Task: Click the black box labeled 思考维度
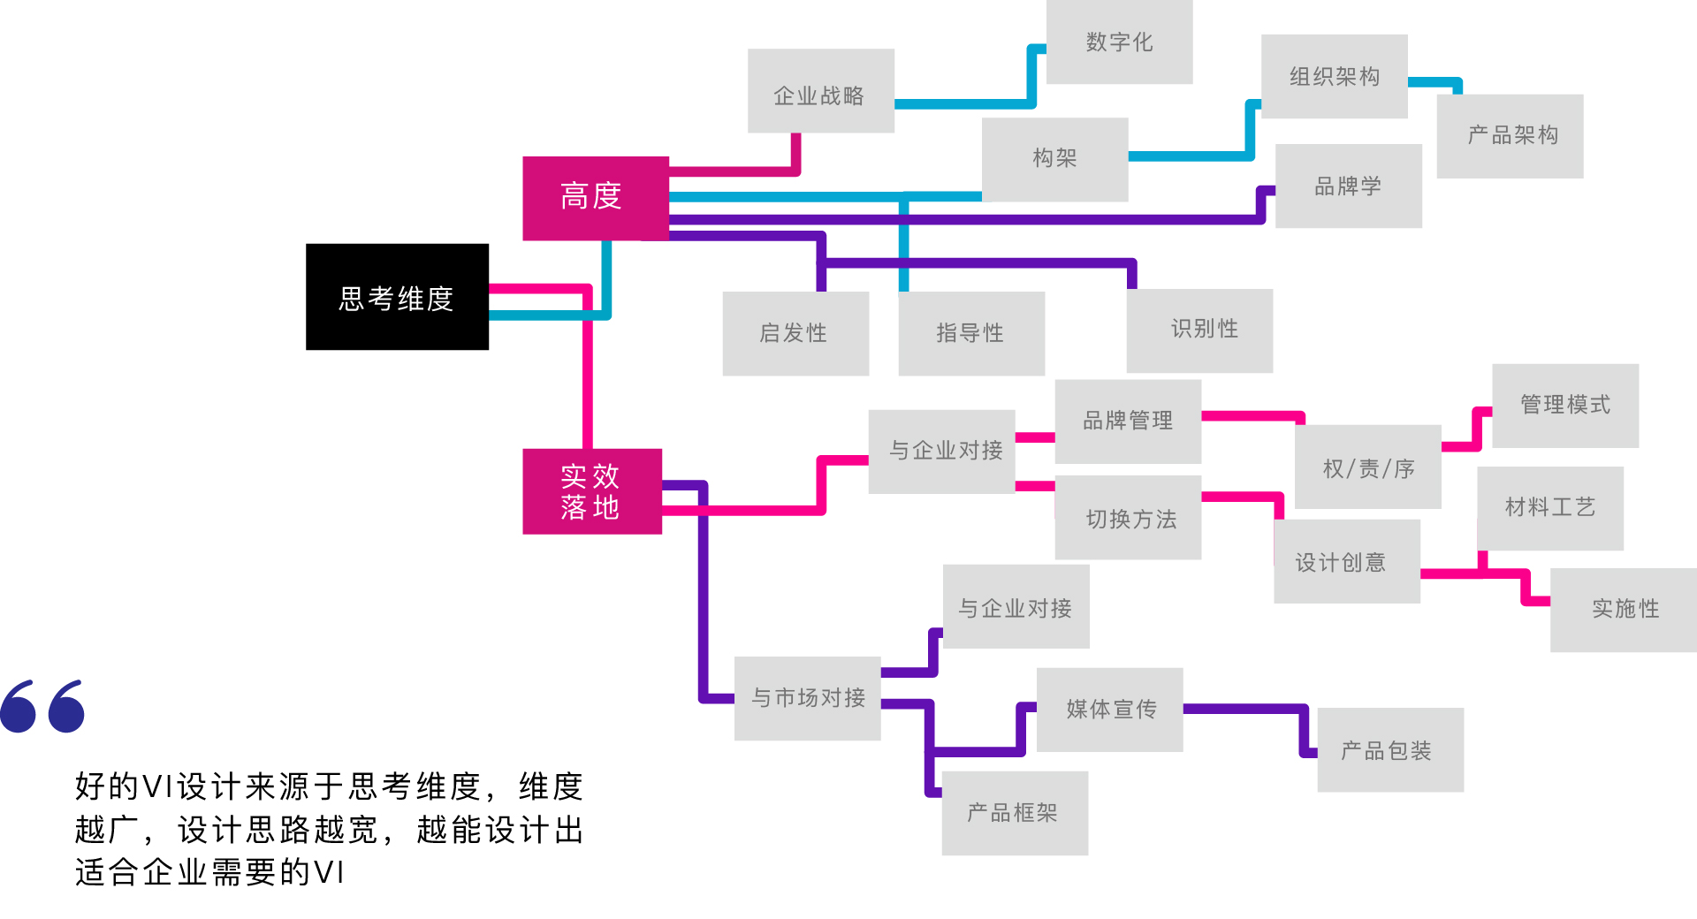tap(397, 297)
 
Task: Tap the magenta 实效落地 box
tap(591, 491)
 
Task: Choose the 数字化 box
tap(1119, 42)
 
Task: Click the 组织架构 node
tap(1334, 76)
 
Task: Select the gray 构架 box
tap(1054, 159)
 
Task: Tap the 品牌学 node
tap(1348, 186)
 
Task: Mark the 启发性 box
tap(795, 333)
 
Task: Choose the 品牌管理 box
tap(1128, 422)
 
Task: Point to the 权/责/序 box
tap(1367, 467)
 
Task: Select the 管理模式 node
tap(1564, 406)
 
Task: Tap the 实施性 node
tap(1624, 610)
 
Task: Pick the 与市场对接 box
tap(807, 698)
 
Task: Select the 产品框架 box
tap(1014, 813)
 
